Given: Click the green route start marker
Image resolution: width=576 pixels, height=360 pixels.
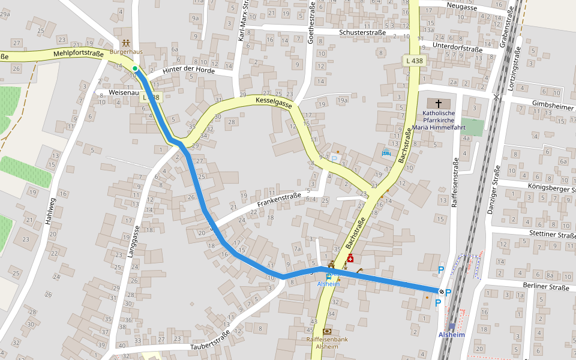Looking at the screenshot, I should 136,68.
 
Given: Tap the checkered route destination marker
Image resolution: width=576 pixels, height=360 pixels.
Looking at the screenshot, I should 442,292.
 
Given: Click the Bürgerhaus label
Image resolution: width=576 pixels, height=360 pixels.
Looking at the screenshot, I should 125,52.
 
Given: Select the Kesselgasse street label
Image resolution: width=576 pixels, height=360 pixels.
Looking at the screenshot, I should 273,103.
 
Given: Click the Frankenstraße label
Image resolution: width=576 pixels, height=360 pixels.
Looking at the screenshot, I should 279,200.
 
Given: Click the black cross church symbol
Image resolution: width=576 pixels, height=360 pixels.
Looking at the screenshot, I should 439,103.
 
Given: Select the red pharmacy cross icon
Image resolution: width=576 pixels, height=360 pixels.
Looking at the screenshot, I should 350,259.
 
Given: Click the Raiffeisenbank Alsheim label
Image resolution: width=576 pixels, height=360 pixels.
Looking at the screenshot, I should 327,343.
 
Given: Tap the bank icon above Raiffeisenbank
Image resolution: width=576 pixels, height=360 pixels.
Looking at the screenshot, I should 327,331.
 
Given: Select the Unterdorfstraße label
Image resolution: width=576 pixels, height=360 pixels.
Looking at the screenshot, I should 457,46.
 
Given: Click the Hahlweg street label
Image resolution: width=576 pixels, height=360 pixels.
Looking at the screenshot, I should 50,211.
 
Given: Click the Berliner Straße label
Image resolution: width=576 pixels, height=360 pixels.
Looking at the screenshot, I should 545,287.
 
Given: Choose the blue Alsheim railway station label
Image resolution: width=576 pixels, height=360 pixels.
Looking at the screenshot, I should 451,334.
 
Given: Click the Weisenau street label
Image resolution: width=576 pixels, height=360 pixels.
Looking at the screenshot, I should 124,93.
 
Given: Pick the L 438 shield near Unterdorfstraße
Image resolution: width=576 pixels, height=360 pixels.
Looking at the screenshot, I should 415,61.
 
